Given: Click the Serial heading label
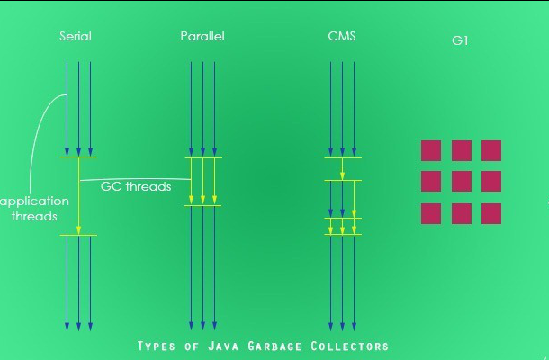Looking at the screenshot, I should pos(75,37).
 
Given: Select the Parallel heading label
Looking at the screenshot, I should pos(202,37).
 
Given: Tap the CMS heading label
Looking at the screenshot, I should pos(342,37).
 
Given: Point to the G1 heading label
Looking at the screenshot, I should pos(460,40).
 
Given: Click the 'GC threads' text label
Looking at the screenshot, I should pos(136,187).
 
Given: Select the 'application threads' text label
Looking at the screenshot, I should pos(34,209).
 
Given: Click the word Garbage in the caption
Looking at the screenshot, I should pos(270,346).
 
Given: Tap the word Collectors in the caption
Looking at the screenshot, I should pos(350,346).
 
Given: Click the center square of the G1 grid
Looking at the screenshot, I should pos(462,182).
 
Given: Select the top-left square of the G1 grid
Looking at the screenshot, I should pos(431,150).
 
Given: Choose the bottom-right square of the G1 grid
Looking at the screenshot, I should pos(491,213).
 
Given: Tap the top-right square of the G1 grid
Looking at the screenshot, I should pos(491,150).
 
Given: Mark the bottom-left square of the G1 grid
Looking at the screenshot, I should pos(431,213).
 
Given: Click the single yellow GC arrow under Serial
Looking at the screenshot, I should pos(79,196).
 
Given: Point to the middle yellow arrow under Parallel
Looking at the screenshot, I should pos(202,181).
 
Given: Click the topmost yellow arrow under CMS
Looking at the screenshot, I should pos(343,168).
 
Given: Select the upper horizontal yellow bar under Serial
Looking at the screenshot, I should pos(78,157).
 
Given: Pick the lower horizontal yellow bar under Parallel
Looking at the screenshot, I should pos(202,206).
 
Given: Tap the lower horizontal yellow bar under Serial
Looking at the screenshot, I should pos(78,236).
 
